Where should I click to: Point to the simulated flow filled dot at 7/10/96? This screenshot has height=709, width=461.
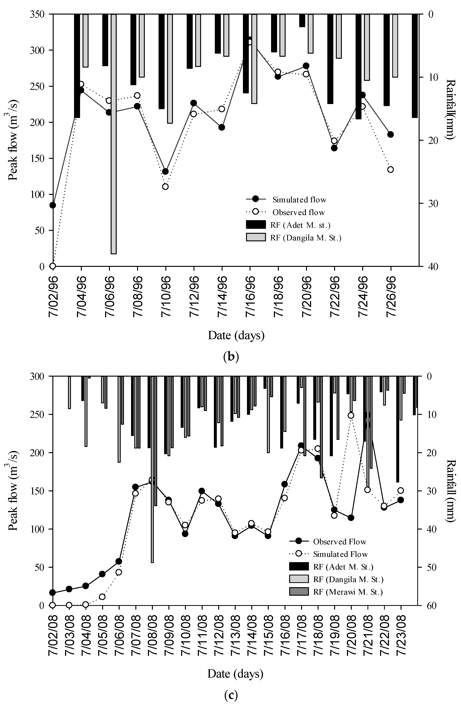point(165,171)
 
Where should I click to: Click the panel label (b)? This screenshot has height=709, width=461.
point(231,356)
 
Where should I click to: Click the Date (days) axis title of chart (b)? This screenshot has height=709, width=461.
point(236,335)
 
